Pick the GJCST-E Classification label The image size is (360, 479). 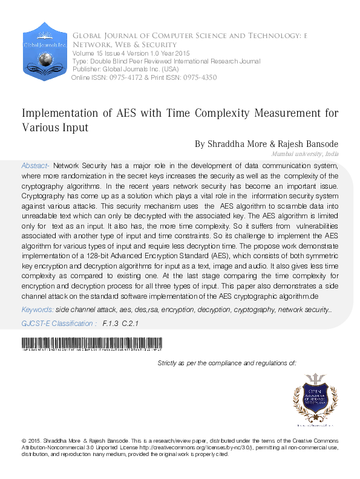tap(58, 324)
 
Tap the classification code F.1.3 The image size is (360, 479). tap(110, 324)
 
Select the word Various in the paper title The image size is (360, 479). tap(42, 128)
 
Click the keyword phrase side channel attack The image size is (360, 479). tap(83, 310)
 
